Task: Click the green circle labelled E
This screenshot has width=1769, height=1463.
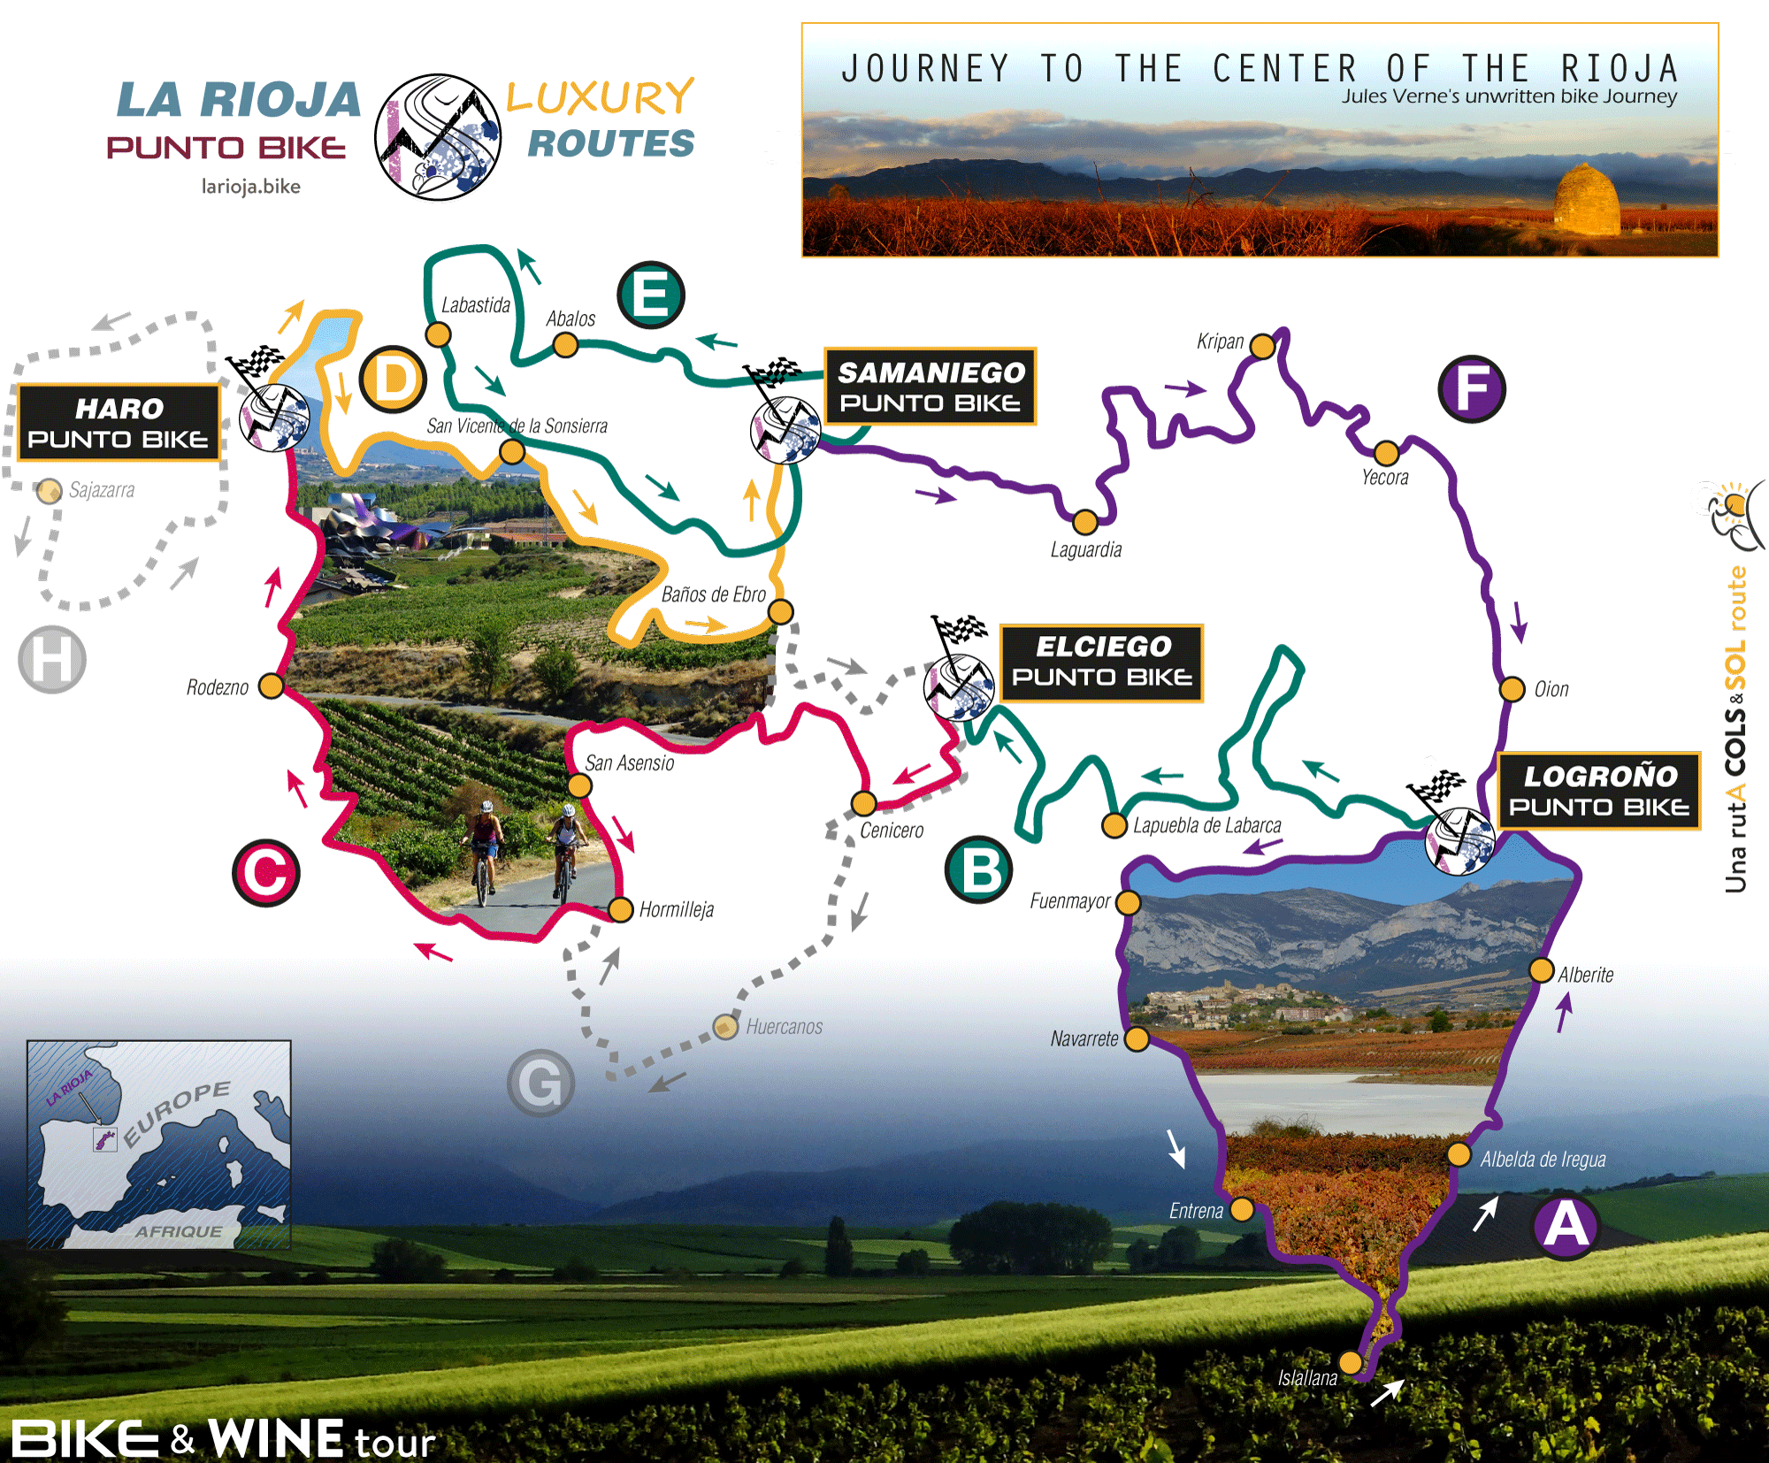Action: click(651, 295)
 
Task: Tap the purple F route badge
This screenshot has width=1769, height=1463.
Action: click(1472, 388)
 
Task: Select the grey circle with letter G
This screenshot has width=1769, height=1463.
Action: click(540, 1083)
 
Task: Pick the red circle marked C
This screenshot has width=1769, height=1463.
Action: click(266, 873)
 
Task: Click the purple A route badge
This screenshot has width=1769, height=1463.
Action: click(1566, 1227)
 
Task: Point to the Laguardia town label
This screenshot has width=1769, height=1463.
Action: click(1085, 550)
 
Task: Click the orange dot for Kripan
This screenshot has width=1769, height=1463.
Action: click(1262, 346)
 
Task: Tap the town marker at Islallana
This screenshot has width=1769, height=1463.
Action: click(1351, 1360)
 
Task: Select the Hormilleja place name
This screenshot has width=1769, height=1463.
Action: click(676, 910)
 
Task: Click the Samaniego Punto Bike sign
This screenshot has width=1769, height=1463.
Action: click(930, 387)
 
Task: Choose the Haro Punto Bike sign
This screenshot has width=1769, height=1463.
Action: click(119, 423)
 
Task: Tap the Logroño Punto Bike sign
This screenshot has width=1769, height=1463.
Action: click(1598, 791)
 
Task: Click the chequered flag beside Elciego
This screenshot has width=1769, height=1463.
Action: click(961, 631)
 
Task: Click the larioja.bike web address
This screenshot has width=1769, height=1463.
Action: click(251, 187)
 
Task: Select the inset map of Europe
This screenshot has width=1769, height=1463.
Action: click(159, 1144)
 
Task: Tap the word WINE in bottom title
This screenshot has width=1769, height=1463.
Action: click(276, 1438)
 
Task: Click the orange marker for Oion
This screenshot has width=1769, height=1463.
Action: click(1512, 689)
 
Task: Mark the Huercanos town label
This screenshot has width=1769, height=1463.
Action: click(784, 1027)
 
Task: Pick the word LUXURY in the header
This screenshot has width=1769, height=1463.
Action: click(601, 97)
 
